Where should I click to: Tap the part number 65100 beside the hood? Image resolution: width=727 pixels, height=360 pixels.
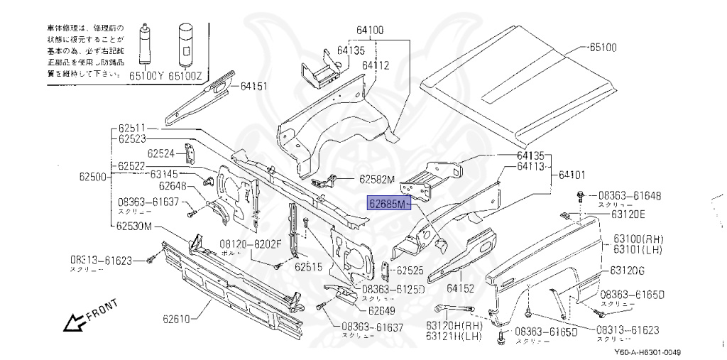pos(603,48)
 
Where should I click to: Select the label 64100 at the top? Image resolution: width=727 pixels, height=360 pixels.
pos(369,31)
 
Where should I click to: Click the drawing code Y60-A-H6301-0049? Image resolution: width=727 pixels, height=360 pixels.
pos(647,353)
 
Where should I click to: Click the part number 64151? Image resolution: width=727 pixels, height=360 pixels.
pos(253,86)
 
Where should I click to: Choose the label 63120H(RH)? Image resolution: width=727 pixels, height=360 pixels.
pos(454,325)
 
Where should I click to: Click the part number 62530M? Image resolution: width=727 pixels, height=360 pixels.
pos(135,226)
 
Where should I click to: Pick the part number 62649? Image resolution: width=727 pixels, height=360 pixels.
pos(382,310)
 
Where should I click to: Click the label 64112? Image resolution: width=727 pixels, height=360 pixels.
pos(376,65)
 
